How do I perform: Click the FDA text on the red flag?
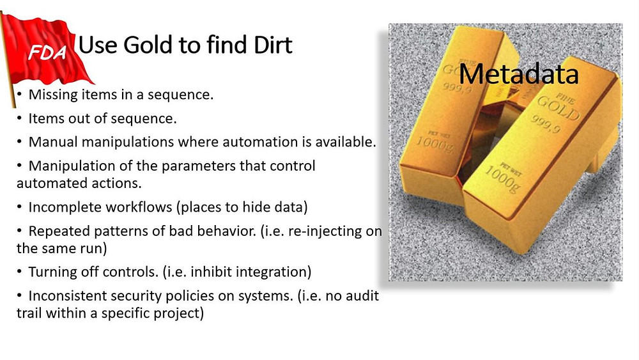47,52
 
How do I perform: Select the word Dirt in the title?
273,45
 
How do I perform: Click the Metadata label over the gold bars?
518,74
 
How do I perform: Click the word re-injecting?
325,231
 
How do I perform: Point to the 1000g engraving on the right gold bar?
502,180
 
